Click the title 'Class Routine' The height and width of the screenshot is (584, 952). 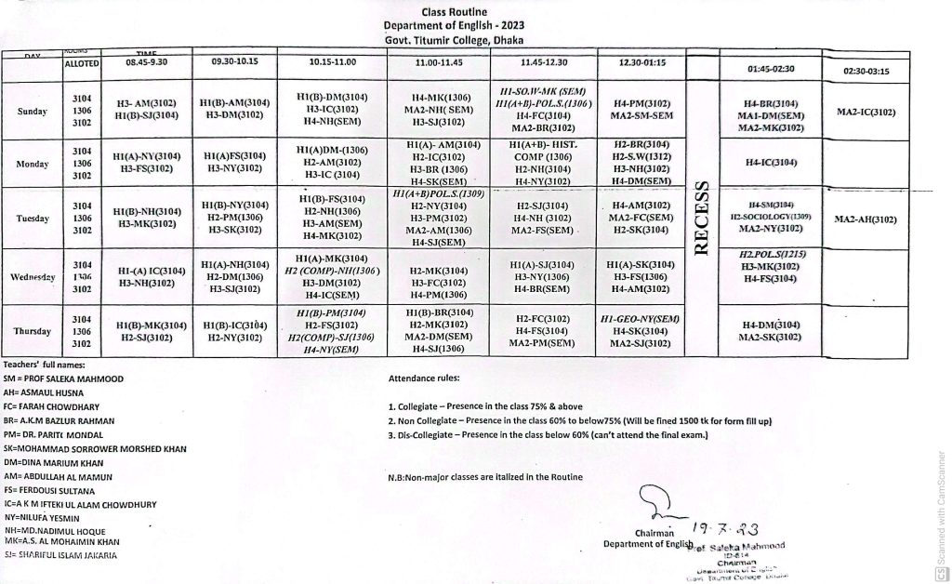click(x=454, y=12)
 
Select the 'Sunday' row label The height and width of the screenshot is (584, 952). click(x=33, y=111)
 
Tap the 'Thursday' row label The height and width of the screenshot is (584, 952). click(x=33, y=331)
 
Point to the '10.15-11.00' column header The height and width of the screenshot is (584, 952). click(x=333, y=62)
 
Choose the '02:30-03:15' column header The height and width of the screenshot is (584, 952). click(x=866, y=71)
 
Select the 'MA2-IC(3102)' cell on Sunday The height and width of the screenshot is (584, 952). click(x=866, y=112)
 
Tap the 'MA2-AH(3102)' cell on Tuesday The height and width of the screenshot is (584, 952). click(x=866, y=219)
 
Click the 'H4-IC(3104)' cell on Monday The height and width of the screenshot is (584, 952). click(x=772, y=163)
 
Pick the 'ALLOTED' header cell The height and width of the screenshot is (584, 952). click(x=82, y=63)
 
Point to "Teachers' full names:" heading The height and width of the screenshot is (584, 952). click(x=44, y=365)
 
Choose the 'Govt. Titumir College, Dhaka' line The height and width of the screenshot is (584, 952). click(x=454, y=40)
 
